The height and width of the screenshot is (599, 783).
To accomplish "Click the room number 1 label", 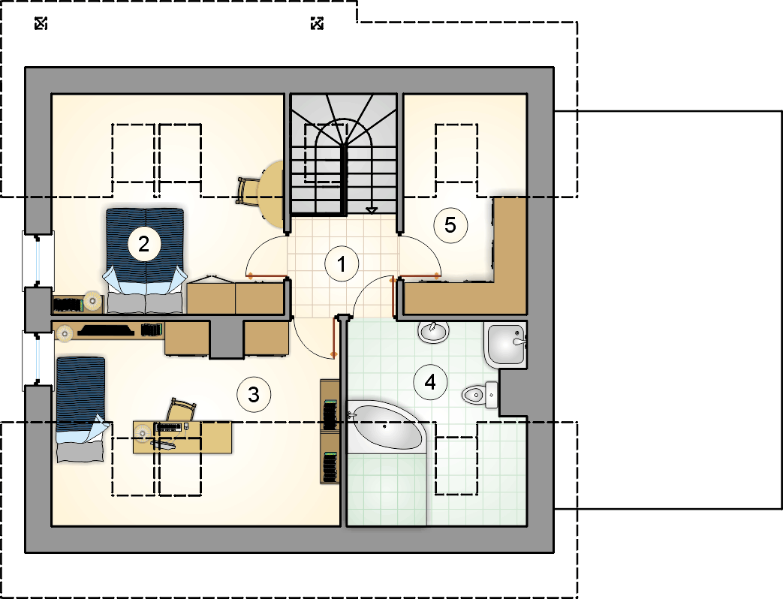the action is [342, 264].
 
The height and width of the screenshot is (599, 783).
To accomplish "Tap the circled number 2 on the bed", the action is [144, 244].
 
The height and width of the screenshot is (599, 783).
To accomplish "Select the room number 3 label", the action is [254, 395].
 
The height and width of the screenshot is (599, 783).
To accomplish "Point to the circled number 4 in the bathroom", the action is [430, 382].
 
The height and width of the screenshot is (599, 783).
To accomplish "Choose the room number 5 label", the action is [450, 225].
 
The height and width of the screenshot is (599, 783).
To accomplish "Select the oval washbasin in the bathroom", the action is [433, 332].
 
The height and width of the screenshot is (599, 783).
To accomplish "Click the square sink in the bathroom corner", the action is [504, 345].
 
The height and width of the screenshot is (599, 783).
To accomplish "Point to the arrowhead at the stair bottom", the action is [371, 210].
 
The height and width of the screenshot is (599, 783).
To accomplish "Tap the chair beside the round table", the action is [247, 191].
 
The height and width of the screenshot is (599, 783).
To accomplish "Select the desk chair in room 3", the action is [181, 410].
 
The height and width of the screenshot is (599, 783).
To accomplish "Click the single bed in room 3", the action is [81, 409].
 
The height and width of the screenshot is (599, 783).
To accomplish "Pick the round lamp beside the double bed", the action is [92, 301].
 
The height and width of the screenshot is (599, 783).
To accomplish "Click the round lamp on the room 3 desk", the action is [143, 433].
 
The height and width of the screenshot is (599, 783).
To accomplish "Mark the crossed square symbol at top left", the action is [41, 23].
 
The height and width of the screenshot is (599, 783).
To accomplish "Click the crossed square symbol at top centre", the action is [317, 23].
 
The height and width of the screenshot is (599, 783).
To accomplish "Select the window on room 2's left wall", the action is [38, 260].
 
